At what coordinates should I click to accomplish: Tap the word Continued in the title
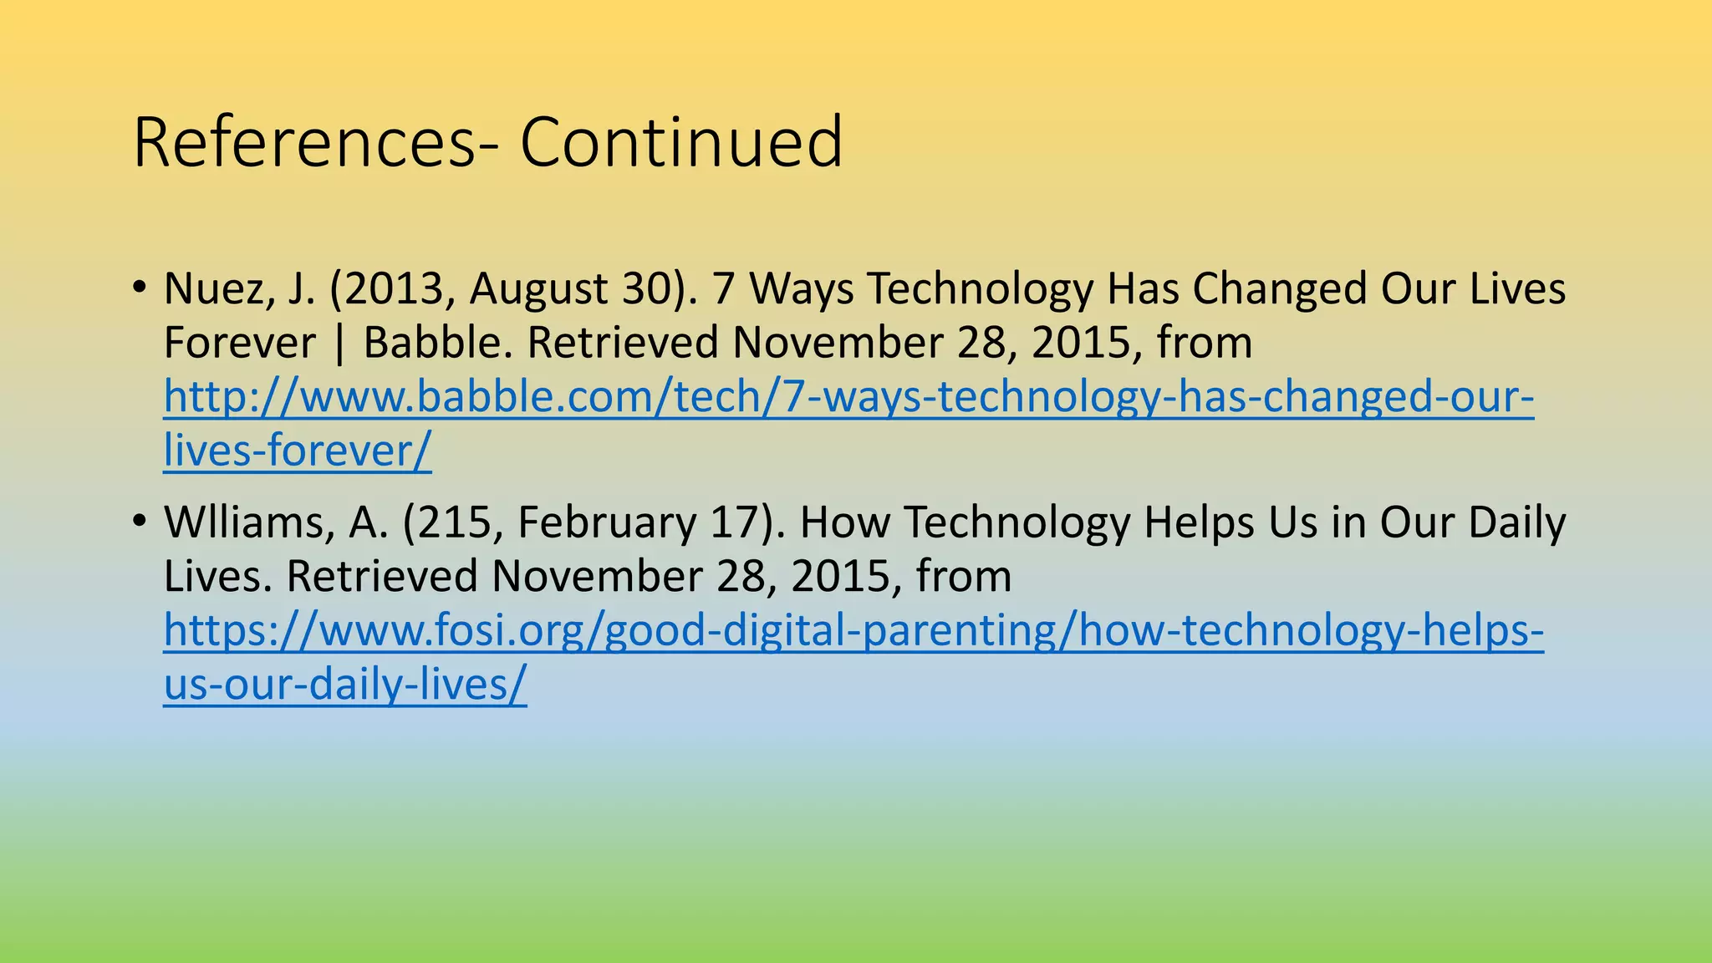point(680,142)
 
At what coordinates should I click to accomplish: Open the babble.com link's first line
point(848,397)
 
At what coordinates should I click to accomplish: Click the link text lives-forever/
point(298,451)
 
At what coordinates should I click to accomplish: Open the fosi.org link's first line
point(853,630)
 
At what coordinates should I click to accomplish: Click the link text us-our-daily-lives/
point(345,685)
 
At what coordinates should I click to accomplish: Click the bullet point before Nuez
point(139,288)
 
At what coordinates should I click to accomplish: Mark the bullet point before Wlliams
point(139,522)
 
